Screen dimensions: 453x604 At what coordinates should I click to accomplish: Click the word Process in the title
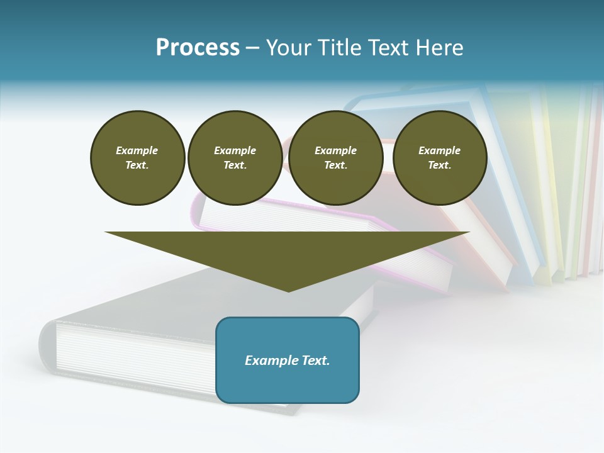198,48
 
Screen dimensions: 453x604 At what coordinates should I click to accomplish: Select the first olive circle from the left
137,157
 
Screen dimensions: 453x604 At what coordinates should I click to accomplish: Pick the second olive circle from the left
235,157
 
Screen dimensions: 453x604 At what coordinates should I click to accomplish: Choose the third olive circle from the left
335,157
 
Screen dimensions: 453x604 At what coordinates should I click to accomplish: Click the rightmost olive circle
439,157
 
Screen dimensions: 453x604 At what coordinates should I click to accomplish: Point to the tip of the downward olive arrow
288,290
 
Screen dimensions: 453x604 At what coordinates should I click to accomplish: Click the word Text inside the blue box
316,361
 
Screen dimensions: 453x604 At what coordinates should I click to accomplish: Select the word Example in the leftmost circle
137,150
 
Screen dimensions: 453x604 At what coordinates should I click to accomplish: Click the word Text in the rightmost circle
439,165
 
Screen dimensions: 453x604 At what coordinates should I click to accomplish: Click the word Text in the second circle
235,165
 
